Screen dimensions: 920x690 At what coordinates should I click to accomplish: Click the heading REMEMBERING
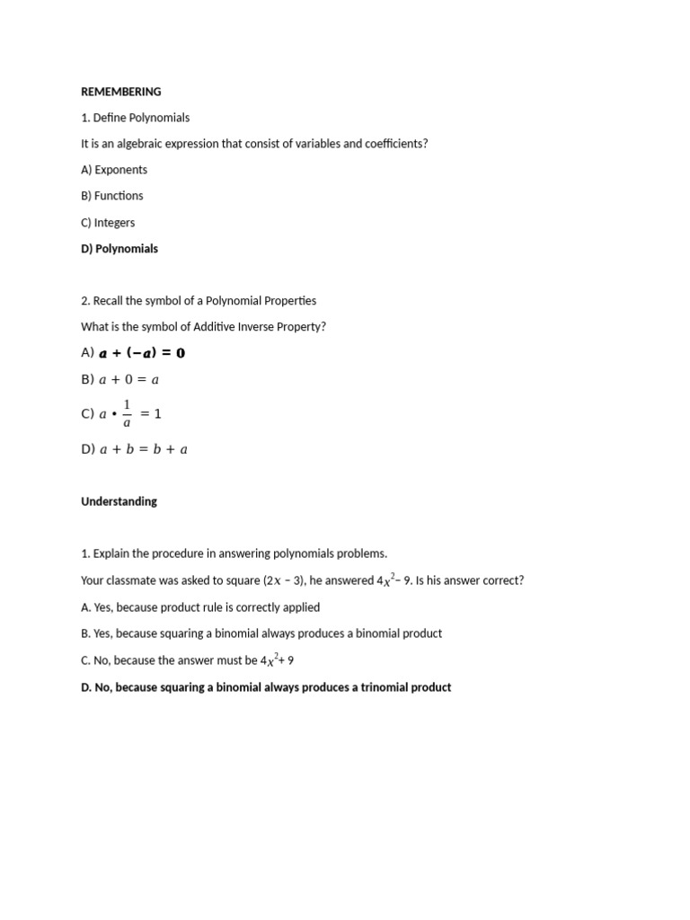point(120,92)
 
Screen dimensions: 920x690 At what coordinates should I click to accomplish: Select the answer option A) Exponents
point(114,170)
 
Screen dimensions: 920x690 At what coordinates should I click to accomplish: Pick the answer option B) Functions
point(112,196)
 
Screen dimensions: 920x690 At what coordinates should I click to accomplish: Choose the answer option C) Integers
point(108,223)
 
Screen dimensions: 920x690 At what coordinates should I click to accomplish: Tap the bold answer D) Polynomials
point(119,249)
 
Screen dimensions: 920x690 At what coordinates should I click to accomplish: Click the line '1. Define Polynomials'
point(135,118)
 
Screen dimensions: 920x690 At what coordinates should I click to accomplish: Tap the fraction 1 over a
point(127,413)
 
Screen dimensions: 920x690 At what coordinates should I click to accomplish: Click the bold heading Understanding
point(119,501)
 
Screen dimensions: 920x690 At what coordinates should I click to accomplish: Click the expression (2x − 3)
point(283,581)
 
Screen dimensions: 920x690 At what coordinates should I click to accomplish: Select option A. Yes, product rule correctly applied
point(200,607)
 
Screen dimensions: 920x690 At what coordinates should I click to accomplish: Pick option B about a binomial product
point(261,633)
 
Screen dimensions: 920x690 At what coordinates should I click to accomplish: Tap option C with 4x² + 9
point(187,660)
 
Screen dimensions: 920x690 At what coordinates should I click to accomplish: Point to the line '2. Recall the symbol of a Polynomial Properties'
point(199,301)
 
